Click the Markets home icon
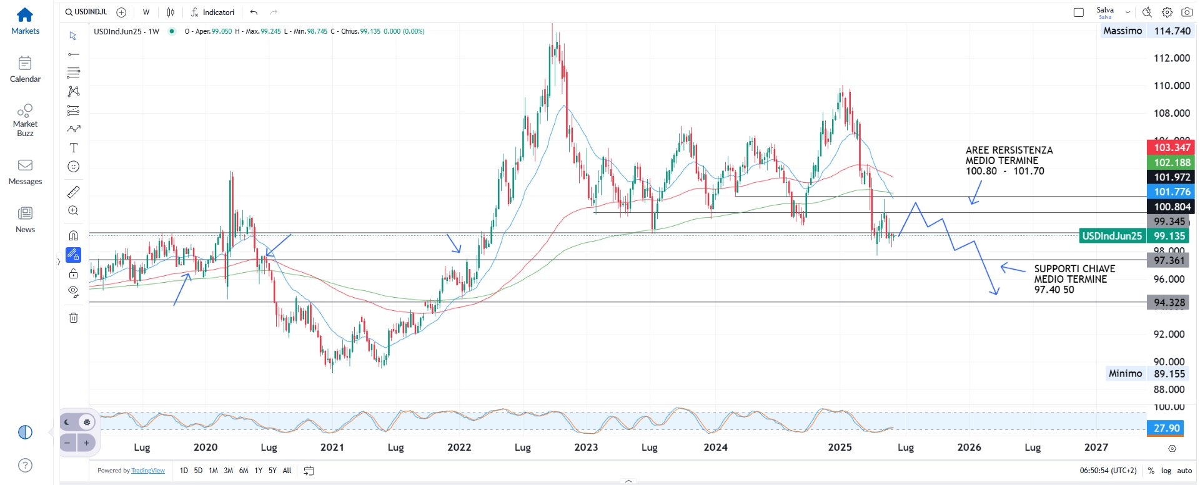click(x=25, y=15)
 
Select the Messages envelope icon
click(x=25, y=165)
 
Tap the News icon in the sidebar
click(x=25, y=213)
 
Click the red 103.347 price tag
click(x=1171, y=147)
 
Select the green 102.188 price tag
click(x=1171, y=162)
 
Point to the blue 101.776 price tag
click(x=1171, y=192)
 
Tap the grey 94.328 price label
click(x=1169, y=303)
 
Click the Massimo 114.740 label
click(x=1146, y=31)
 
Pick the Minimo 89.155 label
click(x=1146, y=373)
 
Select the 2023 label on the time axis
click(x=586, y=447)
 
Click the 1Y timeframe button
click(x=258, y=471)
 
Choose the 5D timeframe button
click(x=198, y=471)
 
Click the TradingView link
click(x=148, y=471)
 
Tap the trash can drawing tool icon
click(x=74, y=318)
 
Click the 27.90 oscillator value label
click(x=1166, y=428)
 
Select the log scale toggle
click(x=1166, y=471)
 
